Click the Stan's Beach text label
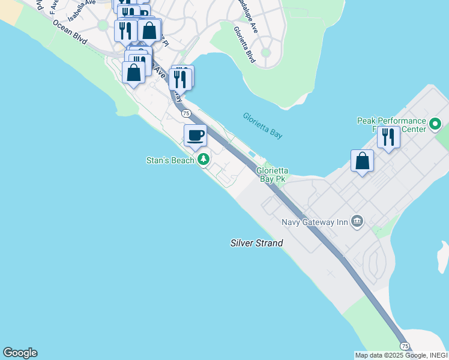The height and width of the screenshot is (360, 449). point(170,160)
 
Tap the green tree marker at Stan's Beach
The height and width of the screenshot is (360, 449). point(204,160)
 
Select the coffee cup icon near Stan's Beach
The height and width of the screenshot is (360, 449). point(195,136)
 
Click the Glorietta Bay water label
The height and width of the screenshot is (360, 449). point(262,125)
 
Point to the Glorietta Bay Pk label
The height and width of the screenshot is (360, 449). point(271,175)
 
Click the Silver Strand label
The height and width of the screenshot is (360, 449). point(256,243)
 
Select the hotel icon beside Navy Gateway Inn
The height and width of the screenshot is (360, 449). point(358,221)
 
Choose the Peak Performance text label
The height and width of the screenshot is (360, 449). point(391,121)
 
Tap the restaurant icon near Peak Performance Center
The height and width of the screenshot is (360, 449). point(388,137)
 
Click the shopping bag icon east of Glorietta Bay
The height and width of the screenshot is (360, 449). point(362,161)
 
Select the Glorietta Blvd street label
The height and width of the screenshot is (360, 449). point(245,44)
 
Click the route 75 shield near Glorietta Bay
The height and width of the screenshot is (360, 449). point(186,113)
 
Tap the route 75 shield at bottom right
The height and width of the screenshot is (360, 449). point(405,346)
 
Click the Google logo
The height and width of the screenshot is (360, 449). point(20,353)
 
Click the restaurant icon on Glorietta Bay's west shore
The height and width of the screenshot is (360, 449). point(180,79)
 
